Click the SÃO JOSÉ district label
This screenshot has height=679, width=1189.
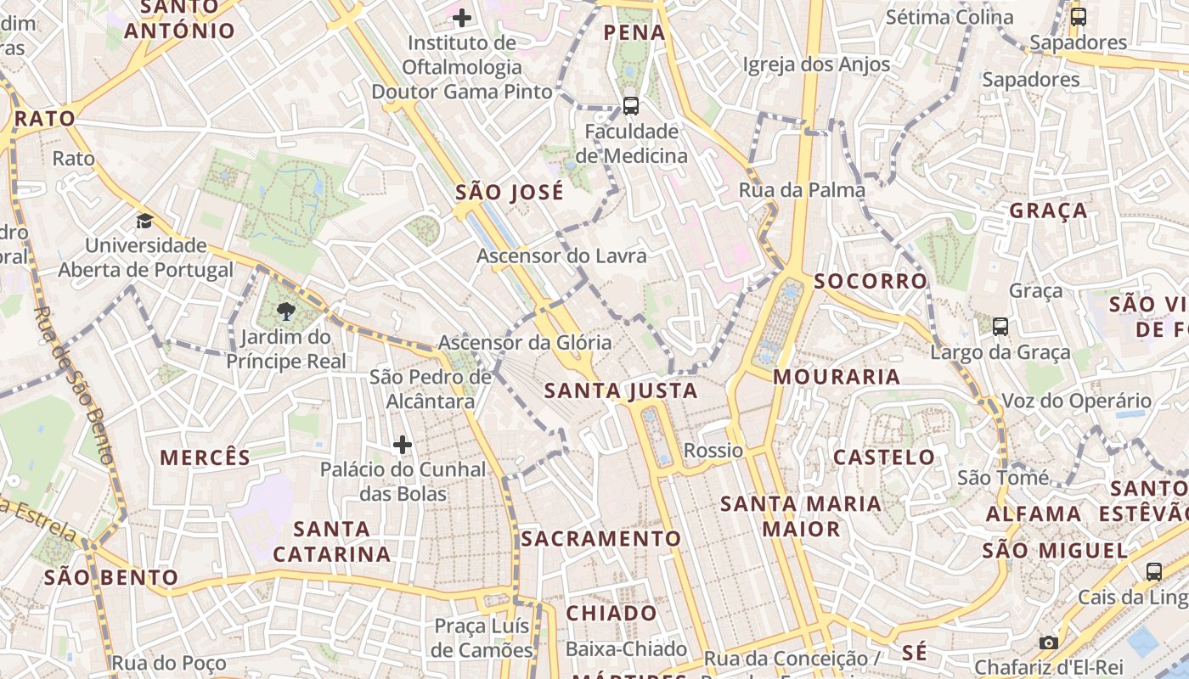[x=510, y=193]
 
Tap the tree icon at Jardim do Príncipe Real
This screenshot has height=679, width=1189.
[x=286, y=311]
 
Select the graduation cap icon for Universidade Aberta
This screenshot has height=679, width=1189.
[x=145, y=222]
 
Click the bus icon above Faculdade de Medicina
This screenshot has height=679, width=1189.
[x=630, y=106]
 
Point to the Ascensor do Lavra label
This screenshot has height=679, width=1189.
[x=561, y=255]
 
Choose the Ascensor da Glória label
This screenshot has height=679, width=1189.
[x=524, y=342]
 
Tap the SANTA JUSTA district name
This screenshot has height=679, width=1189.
[x=620, y=390]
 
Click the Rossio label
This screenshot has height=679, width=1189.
[x=713, y=451]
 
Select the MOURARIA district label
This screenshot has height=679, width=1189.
[x=837, y=377]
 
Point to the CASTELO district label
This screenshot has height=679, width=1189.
[x=883, y=457]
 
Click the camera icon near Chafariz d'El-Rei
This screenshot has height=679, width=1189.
[x=1049, y=643]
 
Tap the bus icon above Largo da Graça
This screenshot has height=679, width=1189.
[x=1000, y=327]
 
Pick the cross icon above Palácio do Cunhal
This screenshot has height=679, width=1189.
[x=403, y=444]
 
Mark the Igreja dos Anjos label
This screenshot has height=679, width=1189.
[x=816, y=65]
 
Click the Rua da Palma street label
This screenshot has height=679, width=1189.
[x=802, y=190]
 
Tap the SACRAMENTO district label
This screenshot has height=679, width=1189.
[x=600, y=539]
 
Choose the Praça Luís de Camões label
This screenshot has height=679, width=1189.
[x=482, y=638]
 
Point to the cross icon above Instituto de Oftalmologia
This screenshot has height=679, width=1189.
[x=461, y=17]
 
